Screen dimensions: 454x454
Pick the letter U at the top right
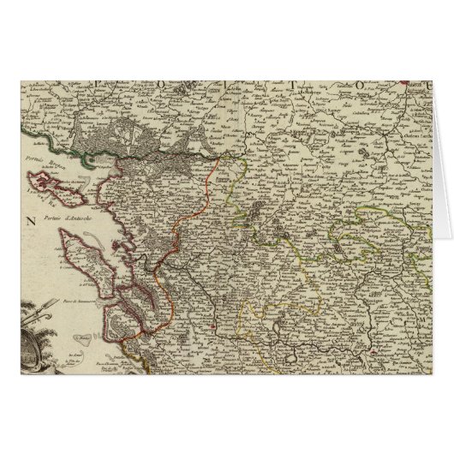(x=428, y=85)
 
